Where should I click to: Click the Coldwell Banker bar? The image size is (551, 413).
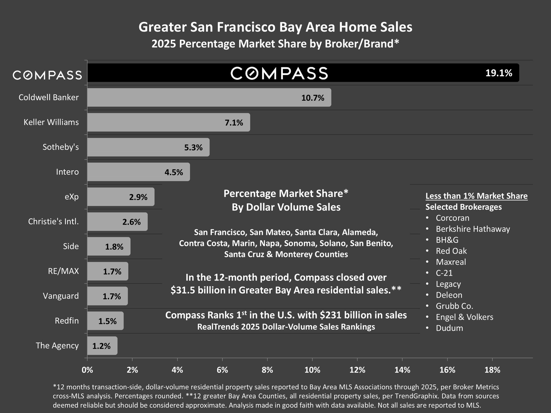(x=209, y=98)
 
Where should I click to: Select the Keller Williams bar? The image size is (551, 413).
(x=168, y=122)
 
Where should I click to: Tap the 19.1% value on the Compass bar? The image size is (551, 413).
(x=498, y=73)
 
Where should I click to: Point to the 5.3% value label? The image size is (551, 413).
(x=193, y=147)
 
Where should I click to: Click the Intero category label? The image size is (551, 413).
(x=67, y=172)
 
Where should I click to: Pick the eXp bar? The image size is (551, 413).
(x=121, y=197)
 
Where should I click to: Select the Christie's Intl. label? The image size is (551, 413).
(x=53, y=221)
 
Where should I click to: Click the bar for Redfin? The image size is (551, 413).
(x=105, y=321)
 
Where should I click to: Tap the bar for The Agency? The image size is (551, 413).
(x=102, y=346)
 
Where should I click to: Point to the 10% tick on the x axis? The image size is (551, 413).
(x=312, y=370)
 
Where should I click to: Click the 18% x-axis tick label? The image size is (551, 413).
(x=492, y=370)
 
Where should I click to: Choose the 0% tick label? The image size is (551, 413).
(x=87, y=370)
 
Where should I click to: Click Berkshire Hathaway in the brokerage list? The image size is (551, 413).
(x=473, y=229)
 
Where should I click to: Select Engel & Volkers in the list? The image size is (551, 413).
(x=464, y=317)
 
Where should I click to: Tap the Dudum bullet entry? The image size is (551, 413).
(x=449, y=328)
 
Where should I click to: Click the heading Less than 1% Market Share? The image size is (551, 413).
(x=476, y=196)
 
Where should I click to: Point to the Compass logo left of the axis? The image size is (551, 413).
(x=47, y=75)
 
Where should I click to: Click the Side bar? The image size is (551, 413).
(x=109, y=246)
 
